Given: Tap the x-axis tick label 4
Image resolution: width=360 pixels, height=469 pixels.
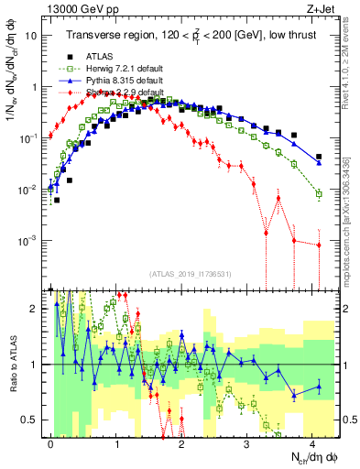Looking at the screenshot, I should pyautogui.click(x=313, y=442).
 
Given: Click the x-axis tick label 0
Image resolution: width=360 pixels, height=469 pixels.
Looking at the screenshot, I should pyautogui.click(x=51, y=442).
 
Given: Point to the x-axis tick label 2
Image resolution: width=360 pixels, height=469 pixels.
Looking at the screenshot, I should pyautogui.click(x=182, y=442).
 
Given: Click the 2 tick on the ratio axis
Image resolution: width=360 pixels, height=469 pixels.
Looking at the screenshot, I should pyautogui.click(x=33, y=309).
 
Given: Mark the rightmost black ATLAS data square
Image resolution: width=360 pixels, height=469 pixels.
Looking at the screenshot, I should pyautogui.click(x=319, y=157).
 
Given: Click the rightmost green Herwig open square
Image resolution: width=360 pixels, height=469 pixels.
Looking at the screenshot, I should pyautogui.click(x=319, y=194).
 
